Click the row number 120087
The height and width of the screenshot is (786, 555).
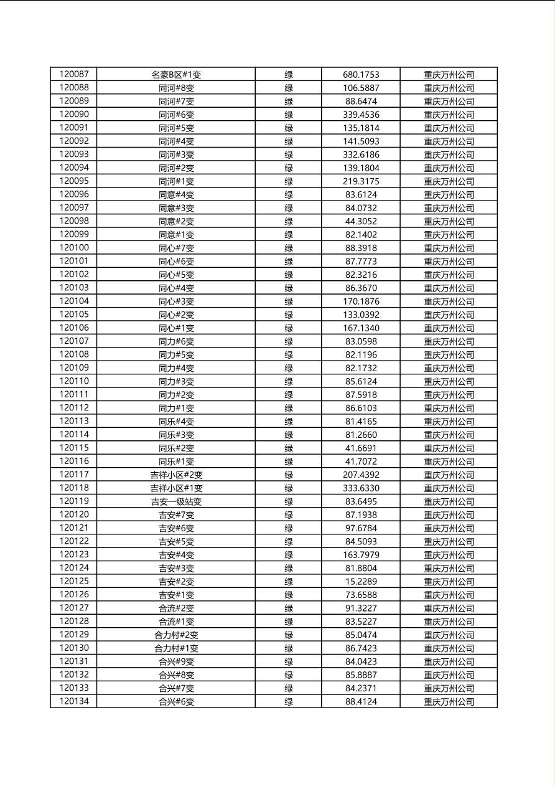(74, 74)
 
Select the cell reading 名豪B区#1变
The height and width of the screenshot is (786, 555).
(176, 75)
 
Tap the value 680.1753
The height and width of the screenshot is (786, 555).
(361, 75)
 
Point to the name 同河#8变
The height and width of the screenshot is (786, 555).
(176, 88)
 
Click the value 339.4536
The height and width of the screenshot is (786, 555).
(361, 115)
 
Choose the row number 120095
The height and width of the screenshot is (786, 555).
(74, 181)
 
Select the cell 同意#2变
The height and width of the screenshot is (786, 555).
(176, 221)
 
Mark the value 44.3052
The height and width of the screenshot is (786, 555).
(361, 221)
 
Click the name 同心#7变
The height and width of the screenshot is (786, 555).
(176, 248)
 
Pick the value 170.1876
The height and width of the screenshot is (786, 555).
(361, 301)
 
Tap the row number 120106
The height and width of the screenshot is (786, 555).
(74, 328)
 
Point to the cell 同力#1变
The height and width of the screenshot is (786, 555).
(176, 408)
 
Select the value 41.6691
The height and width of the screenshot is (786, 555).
(361, 448)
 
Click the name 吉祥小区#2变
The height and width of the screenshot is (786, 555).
(176, 475)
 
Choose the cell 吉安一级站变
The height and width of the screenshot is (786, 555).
(176, 501)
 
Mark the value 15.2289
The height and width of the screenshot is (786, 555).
(361, 581)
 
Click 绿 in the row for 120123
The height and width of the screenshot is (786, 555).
(289, 555)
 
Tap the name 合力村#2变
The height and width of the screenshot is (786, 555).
(176, 635)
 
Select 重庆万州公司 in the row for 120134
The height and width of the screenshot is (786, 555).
(449, 701)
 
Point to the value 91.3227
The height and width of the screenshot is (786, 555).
(361, 608)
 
